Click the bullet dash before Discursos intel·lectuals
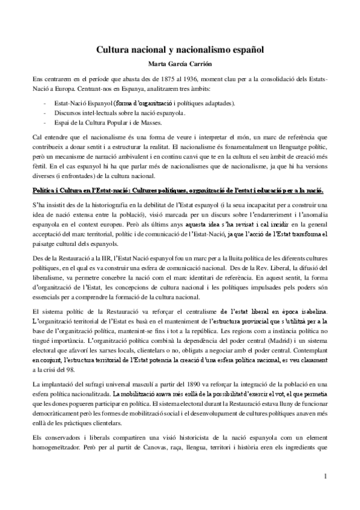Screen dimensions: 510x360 pos(46,113)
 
